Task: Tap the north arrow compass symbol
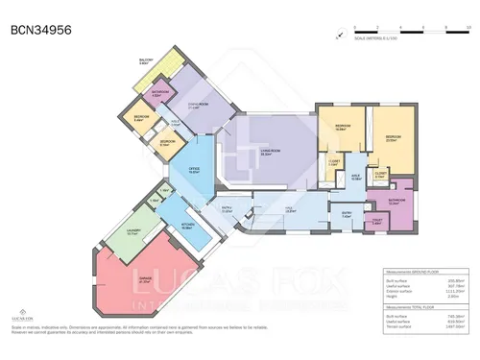point(339,36)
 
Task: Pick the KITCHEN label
point(189,227)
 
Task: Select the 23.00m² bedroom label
point(391,138)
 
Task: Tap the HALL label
point(287,210)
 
